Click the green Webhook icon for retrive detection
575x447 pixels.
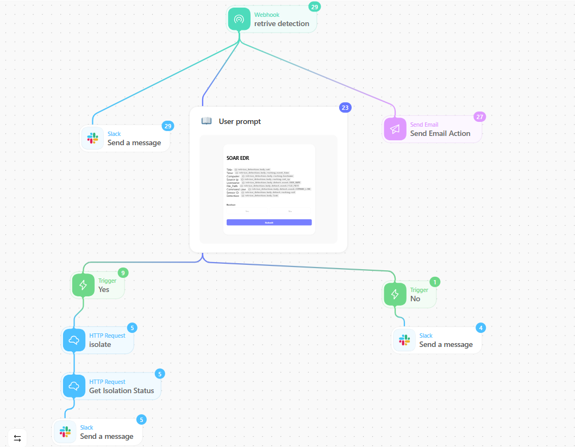[x=239, y=20]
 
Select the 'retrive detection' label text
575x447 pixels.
[x=282, y=24]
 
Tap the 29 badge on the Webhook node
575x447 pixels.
[x=314, y=7]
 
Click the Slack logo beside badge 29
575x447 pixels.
[x=92, y=138]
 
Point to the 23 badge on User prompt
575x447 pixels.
[x=345, y=108]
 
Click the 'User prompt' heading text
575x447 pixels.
[x=240, y=121]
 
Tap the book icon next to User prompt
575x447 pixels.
[x=207, y=121]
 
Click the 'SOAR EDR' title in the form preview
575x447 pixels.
[x=238, y=158]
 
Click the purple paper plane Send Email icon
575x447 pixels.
[x=395, y=129]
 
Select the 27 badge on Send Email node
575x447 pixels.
[x=479, y=117]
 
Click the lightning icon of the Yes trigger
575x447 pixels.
[x=83, y=285]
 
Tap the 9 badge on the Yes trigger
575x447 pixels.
[x=123, y=273]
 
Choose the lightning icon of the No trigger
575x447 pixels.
[x=395, y=294]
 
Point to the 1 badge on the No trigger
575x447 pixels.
[x=434, y=282]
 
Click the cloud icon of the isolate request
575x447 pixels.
[x=74, y=340]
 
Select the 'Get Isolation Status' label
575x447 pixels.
[x=121, y=390]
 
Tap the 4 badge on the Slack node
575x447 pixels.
[x=480, y=328]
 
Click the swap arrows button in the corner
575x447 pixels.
[x=17, y=438]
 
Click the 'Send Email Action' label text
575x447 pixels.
[x=440, y=133]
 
